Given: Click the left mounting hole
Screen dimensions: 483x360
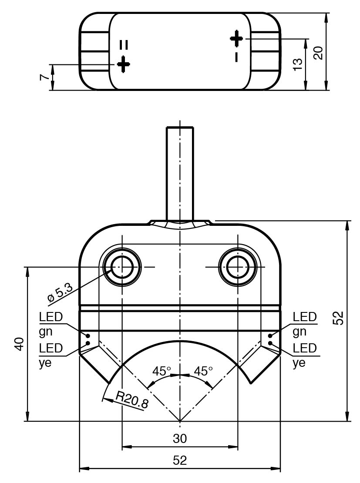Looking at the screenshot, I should [123, 267].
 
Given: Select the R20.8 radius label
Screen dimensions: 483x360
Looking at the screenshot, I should [131, 399].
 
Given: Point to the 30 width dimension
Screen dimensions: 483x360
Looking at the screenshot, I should [180, 438].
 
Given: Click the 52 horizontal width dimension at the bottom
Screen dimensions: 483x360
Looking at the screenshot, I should [180, 460].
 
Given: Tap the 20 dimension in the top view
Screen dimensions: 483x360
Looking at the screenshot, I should [318, 53].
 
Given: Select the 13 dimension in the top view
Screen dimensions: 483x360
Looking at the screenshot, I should [298, 64].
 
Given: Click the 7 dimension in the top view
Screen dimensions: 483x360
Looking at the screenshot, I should [44, 77].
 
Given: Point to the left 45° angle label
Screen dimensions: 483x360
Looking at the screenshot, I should [161, 371].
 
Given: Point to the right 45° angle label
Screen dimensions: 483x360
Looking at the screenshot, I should [203, 371].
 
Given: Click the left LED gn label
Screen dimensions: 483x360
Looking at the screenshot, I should [50, 324].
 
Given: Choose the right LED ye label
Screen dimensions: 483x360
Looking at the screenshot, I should [304, 356].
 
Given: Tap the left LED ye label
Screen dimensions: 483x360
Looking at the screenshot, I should [50, 356].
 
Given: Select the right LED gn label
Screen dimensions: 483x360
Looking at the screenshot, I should [304, 324].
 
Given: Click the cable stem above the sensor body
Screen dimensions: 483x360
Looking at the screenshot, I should [180, 174].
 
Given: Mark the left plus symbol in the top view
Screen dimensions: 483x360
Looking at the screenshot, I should [124, 64].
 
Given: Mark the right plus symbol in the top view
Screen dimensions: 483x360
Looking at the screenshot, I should [236, 38].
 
